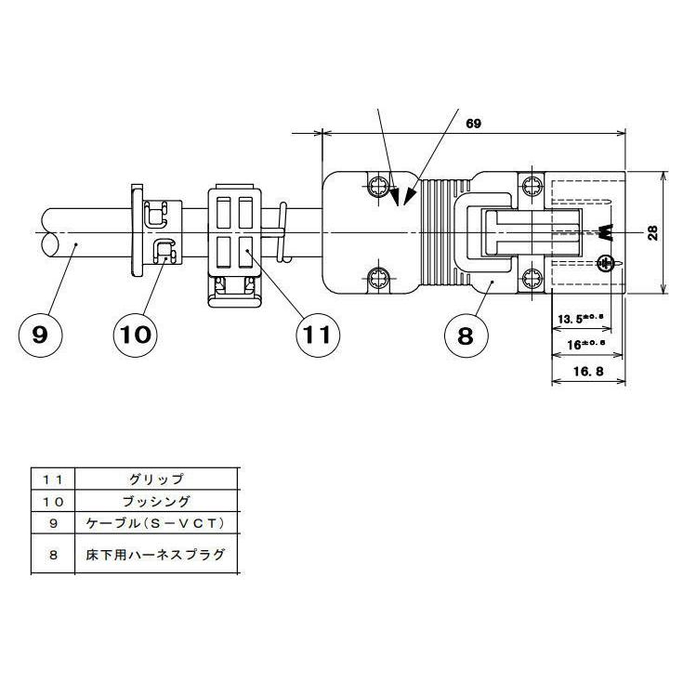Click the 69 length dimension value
pyautogui.click(x=473, y=123)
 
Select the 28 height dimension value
pyautogui.click(x=653, y=232)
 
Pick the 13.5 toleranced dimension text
pyautogui.click(x=579, y=319)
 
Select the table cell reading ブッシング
pyautogui.click(x=156, y=502)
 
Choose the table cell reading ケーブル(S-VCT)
pyautogui.click(x=156, y=523)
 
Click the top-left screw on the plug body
pyautogui.click(x=378, y=185)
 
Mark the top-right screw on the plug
pyautogui.click(x=532, y=184)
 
